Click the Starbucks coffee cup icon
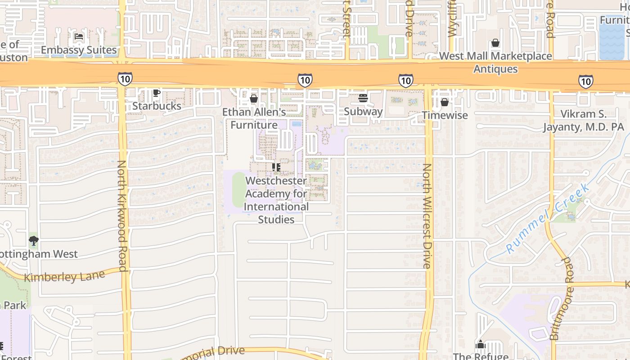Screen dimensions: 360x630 156,93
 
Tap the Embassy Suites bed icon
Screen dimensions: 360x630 79,37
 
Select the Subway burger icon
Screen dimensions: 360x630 363,98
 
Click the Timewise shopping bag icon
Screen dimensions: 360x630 445,103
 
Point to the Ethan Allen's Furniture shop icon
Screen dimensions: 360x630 254,99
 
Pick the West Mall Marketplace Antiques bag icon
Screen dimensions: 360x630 495,43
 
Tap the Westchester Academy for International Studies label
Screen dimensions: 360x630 276,200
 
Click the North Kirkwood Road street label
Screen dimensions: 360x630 123,213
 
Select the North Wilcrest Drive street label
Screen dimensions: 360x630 427,216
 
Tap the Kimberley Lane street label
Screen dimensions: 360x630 64,275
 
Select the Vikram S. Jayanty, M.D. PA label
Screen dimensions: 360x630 583,121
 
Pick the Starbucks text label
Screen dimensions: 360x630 157,106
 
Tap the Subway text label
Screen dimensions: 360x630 363,112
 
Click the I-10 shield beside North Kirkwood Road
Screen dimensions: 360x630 125,79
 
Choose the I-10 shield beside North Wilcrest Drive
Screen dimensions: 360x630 405,81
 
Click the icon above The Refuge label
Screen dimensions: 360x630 481,345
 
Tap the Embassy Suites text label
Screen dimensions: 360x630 79,50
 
